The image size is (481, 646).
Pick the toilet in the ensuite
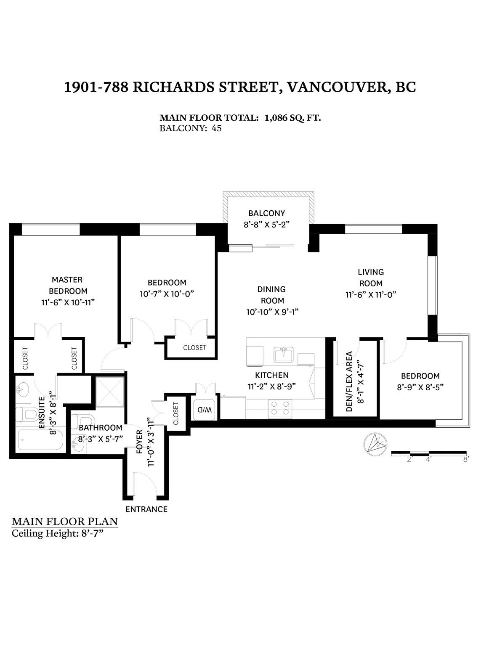tap(27, 414)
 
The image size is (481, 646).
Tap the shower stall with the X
tap(110, 392)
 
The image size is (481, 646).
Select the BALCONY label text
tap(266, 213)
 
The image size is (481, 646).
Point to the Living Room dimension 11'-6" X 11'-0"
tap(371, 295)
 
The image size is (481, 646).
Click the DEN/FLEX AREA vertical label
tap(349, 381)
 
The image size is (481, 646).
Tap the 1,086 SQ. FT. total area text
tap(292, 118)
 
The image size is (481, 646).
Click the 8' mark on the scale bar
tap(465, 460)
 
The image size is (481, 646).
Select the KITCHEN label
tap(272, 375)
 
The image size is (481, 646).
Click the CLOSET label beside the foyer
tap(175, 413)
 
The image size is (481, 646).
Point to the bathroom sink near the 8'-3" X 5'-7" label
tap(78, 445)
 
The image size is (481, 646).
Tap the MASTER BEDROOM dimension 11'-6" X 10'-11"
tap(68, 303)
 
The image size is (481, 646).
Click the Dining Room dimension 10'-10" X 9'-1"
tap(272, 312)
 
